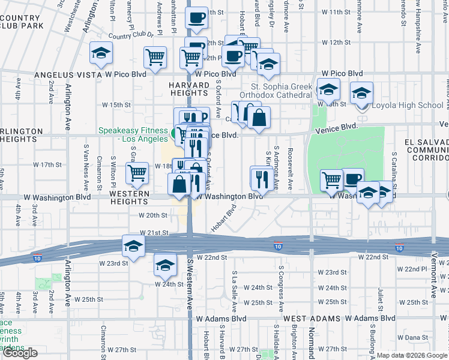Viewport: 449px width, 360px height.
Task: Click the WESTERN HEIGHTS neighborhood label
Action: (x=129, y=197)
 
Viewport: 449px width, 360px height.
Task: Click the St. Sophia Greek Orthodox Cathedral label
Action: (x=276, y=91)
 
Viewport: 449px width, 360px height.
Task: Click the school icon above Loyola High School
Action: (x=362, y=94)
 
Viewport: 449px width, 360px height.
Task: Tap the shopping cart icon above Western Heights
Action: (x=137, y=173)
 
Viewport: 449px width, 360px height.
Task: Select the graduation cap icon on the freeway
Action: (x=133, y=245)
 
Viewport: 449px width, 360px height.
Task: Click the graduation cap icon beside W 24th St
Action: (x=165, y=265)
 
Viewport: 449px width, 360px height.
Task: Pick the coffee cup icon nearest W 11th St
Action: (x=196, y=18)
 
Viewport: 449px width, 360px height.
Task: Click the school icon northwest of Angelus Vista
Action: (x=101, y=54)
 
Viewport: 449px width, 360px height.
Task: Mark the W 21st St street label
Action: (x=152, y=232)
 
